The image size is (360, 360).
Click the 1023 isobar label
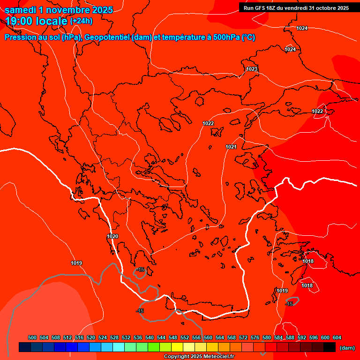coord(252,69)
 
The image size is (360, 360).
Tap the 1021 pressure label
coord(231,147)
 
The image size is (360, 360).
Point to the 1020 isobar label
coord(112,236)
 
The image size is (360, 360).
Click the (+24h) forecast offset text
coord(81,21)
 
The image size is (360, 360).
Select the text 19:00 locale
coord(36,21)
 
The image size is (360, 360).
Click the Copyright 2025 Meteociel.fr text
coord(199,357)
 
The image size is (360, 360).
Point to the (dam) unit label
coord(347,347)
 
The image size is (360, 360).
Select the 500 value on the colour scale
coord(32,337)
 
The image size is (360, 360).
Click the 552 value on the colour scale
coord(185,337)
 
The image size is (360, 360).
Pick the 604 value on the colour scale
coord(337,337)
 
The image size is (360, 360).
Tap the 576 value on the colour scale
coord(255,337)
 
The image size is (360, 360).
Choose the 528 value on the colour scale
coord(114,337)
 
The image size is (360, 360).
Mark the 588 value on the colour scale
coord(290,337)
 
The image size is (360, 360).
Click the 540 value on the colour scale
coord(150,337)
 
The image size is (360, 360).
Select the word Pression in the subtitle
coord(20,37)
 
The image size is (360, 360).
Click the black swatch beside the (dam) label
coord(330,347)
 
